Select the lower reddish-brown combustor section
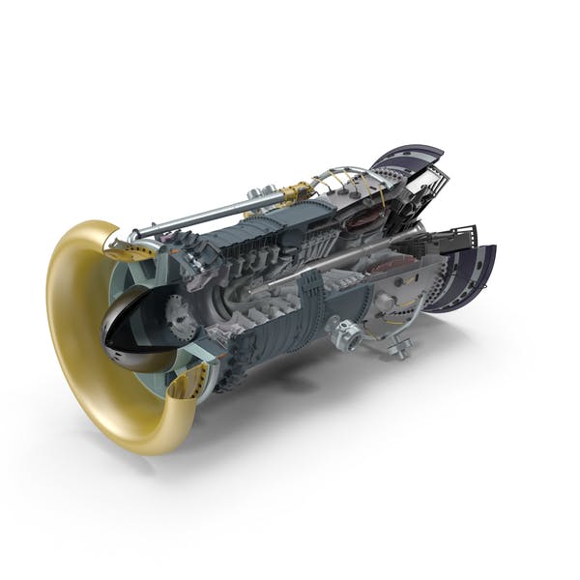(387, 267)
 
